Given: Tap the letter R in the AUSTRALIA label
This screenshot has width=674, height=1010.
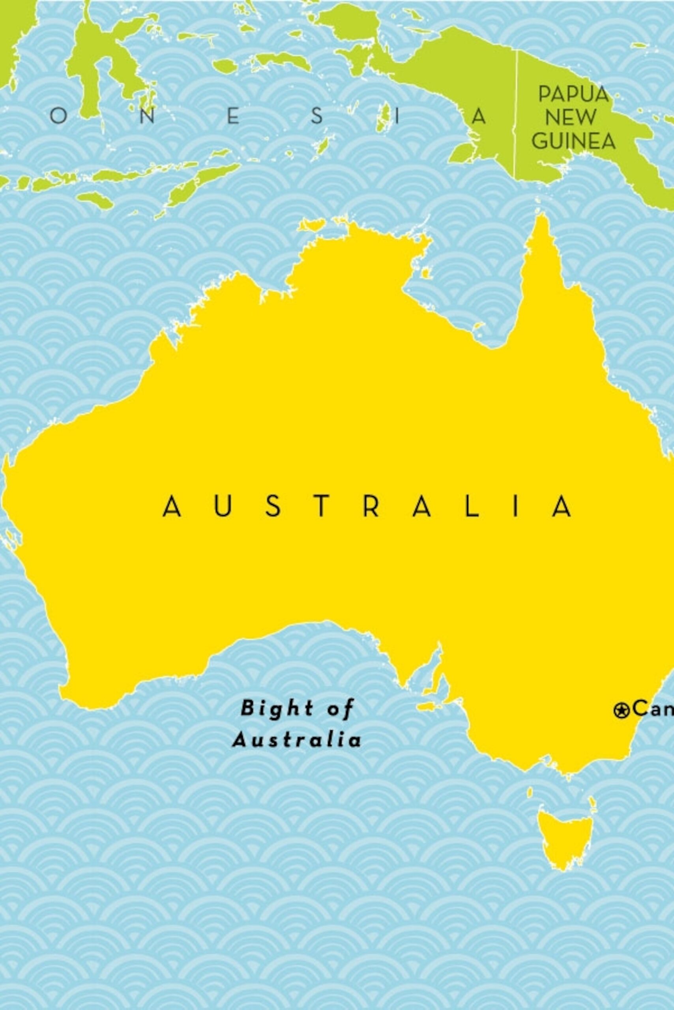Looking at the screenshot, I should pos(371,507).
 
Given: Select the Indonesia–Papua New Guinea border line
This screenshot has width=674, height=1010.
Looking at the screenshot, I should pos(516,116).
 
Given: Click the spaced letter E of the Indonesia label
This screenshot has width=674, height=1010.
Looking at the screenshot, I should pos(233,116).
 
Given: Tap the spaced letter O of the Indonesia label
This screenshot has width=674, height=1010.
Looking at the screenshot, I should pos(58,116).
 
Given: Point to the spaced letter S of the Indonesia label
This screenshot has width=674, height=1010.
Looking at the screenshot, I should pos(317,116).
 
